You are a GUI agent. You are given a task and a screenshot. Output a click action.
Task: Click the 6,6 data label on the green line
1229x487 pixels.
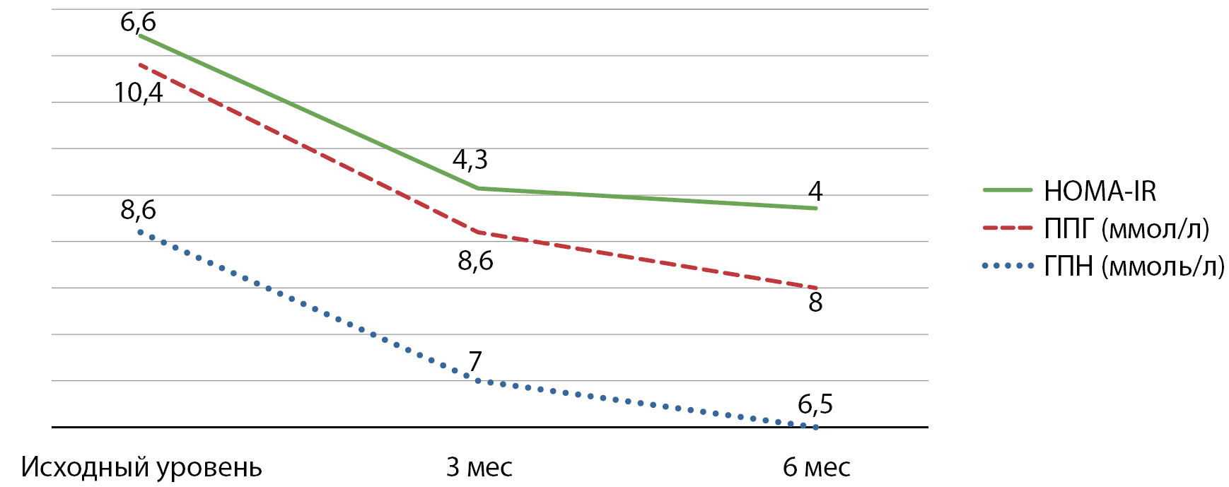tap(138, 23)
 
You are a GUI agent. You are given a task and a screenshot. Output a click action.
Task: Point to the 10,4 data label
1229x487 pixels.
tap(139, 93)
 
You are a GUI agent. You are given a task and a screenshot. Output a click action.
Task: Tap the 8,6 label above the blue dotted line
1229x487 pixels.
tap(138, 210)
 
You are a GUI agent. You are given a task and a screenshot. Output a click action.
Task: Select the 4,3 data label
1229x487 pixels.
tap(470, 160)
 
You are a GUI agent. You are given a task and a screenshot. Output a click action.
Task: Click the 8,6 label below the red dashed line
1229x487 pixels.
tap(475, 262)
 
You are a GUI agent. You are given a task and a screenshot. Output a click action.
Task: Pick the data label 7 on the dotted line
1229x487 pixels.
tap(475, 361)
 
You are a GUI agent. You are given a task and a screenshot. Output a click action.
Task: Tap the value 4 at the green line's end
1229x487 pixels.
tap(815, 191)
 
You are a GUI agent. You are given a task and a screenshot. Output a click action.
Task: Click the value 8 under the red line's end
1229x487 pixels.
tap(815, 303)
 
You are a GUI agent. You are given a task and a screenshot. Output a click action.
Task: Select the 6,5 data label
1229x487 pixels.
tap(815, 404)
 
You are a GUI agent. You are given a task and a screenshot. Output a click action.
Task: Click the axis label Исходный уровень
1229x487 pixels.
tap(141, 467)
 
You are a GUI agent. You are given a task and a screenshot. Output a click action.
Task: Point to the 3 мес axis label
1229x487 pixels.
tap(479, 467)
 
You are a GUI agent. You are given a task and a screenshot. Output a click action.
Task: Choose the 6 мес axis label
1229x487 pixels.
tap(816, 467)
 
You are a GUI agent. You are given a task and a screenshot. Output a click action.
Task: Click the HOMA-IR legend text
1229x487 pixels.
tap(1100, 191)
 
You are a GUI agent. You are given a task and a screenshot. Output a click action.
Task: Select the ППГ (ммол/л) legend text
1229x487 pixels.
tap(1127, 228)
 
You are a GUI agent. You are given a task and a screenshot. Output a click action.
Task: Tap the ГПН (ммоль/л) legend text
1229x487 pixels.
tap(1134, 266)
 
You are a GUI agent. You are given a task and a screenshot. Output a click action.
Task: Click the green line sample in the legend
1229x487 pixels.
tap(1008, 190)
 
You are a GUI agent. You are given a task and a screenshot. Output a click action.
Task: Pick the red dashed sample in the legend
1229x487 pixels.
tap(1008, 228)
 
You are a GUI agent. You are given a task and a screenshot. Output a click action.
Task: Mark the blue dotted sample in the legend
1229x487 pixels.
tap(1008, 266)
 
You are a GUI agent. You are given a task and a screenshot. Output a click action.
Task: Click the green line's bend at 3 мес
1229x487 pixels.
tap(478, 188)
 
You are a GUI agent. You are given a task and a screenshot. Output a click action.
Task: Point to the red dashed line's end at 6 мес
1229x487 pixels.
tap(816, 288)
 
